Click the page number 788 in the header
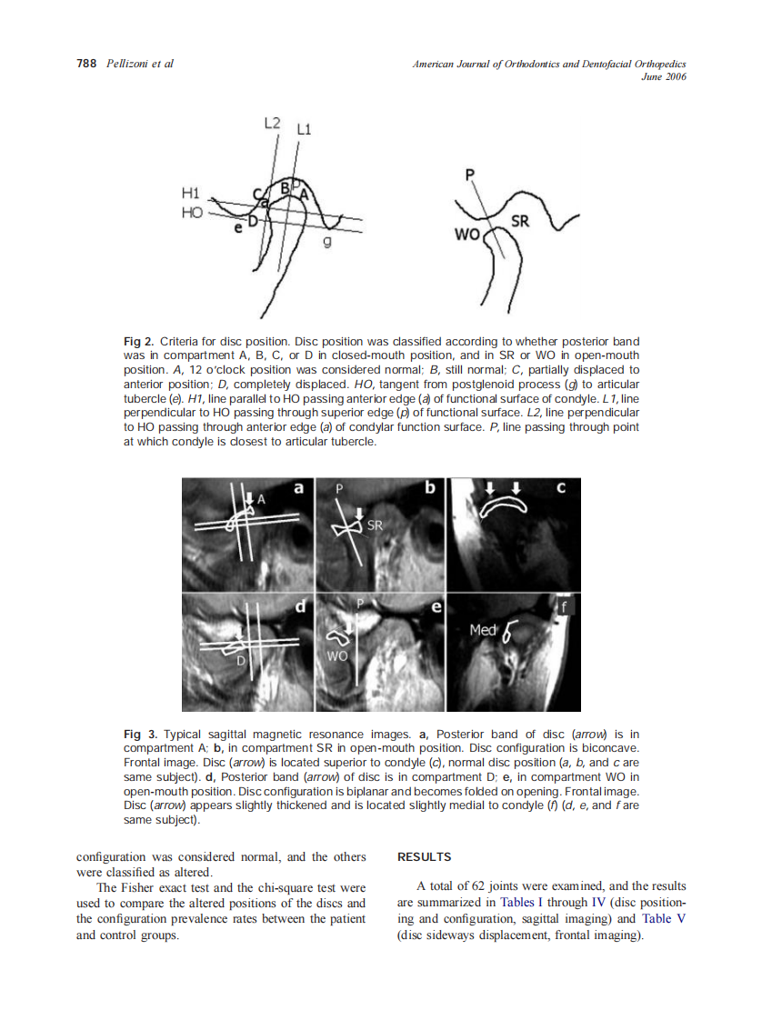(86, 64)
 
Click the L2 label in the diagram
(272, 122)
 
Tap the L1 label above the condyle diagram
(304, 130)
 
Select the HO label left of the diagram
(191, 212)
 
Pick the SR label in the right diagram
(520, 221)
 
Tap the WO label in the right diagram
(466, 235)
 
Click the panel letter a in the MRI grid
(298, 488)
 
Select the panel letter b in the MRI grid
(430, 488)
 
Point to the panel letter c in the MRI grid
(561, 488)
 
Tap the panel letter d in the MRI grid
(298, 605)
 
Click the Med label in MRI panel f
(482, 630)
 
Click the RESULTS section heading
(425, 856)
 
